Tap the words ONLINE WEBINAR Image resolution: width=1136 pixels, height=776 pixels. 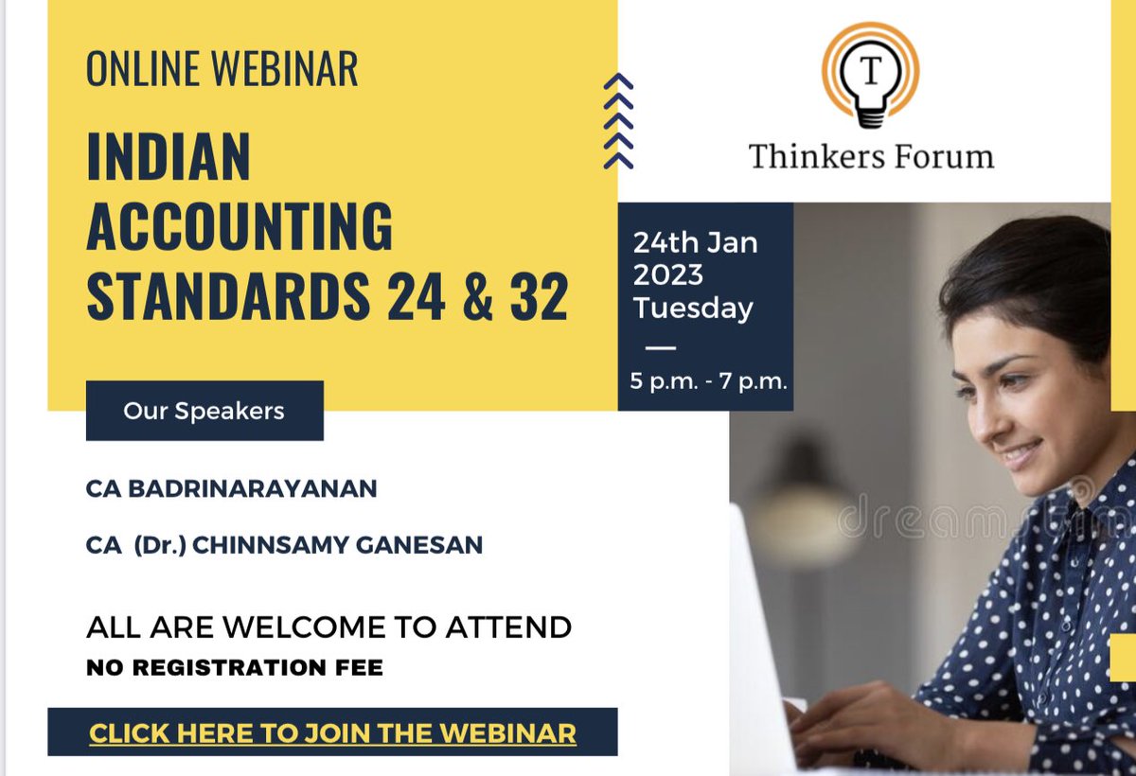(222, 70)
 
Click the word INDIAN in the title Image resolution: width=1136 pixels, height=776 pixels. (169, 157)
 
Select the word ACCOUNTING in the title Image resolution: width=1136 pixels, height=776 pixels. (240, 227)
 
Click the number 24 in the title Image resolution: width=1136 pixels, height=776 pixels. (416, 296)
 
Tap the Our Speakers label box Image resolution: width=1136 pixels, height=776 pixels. (204, 411)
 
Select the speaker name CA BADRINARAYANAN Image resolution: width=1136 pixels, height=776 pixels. (231, 488)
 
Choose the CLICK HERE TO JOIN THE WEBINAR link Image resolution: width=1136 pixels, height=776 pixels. (332, 732)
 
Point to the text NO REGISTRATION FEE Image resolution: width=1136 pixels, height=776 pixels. (235, 668)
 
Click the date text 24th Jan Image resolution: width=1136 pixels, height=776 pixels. (695, 242)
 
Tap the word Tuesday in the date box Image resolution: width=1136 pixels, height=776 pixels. (693, 309)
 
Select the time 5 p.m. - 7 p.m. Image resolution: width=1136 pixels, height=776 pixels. (709, 382)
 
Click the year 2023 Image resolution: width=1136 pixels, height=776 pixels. (668, 275)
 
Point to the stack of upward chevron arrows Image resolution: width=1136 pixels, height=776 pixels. (618, 121)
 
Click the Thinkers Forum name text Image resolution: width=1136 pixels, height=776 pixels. (871, 156)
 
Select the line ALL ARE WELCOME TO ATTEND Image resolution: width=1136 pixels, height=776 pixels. (328, 626)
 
